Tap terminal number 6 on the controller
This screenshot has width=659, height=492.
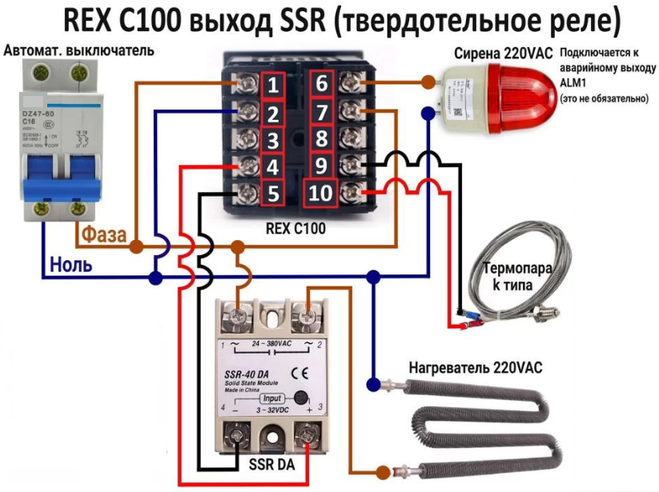click(321, 84)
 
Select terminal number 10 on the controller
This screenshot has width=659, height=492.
click(319, 193)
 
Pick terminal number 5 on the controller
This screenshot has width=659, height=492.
click(273, 194)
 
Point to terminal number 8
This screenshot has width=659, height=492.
click(321, 139)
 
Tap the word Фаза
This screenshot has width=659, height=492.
click(101, 235)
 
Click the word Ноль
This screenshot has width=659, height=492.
click(71, 264)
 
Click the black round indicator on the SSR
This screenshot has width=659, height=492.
click(299, 397)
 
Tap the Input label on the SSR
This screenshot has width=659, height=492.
click(272, 398)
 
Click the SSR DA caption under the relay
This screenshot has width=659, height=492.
click(272, 465)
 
